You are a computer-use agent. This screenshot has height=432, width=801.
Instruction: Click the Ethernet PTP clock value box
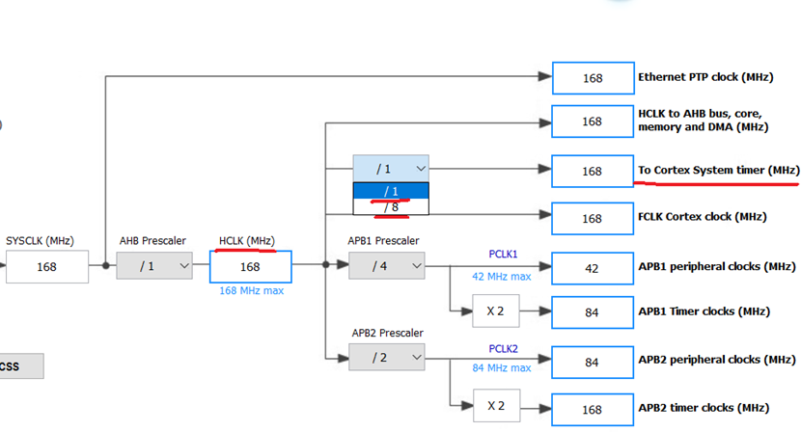click(592, 78)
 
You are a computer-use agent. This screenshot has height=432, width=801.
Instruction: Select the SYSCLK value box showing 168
click(46, 266)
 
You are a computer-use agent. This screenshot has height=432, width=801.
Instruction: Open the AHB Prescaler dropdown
click(154, 266)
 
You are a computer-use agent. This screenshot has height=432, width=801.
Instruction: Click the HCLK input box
click(250, 266)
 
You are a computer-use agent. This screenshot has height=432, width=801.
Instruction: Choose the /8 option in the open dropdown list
click(390, 207)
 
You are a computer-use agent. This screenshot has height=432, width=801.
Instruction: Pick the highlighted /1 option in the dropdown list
click(390, 191)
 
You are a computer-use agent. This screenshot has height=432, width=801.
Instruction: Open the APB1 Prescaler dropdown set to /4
click(387, 266)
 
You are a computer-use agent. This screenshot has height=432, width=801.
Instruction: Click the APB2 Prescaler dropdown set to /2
click(387, 358)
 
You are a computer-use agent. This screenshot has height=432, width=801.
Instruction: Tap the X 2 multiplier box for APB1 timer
click(496, 311)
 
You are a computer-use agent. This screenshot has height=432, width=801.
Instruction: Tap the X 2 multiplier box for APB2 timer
click(496, 406)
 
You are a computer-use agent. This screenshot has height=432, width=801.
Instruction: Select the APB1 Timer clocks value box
click(592, 312)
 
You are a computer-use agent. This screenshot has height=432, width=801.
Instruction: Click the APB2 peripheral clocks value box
click(592, 362)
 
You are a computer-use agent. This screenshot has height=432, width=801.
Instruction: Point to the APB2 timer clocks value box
click(592, 409)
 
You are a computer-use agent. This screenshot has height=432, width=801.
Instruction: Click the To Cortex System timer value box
click(592, 172)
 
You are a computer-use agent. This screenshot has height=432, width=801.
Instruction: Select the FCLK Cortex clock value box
click(592, 219)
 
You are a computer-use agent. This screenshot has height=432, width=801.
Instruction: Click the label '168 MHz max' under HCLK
click(250, 290)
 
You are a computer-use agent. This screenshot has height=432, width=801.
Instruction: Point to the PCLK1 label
click(503, 255)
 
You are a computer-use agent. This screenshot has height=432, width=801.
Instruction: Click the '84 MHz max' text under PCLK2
click(501, 367)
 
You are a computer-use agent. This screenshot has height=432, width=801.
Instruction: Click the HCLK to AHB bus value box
click(592, 121)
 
